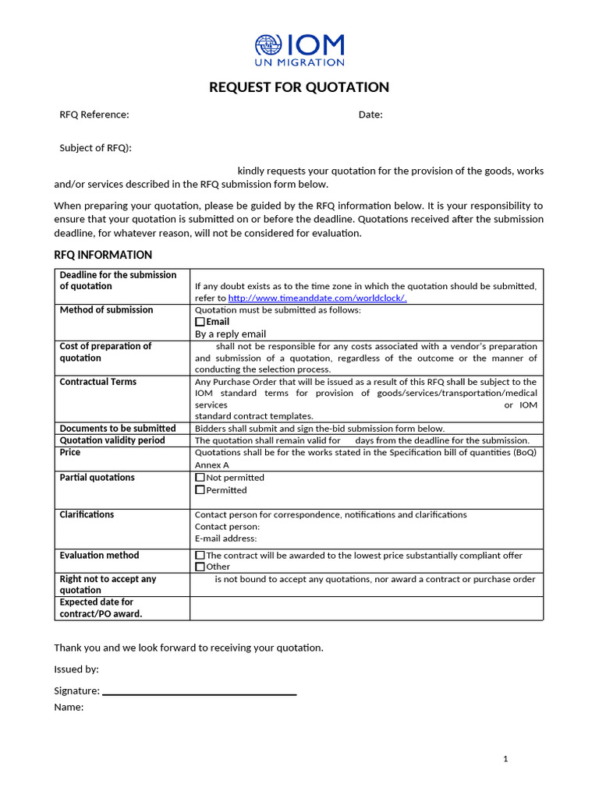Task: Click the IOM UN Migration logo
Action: (x=299, y=50)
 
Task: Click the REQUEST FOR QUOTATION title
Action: (x=299, y=87)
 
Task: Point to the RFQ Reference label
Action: (x=94, y=115)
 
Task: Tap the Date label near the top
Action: (x=370, y=115)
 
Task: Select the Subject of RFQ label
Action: (x=96, y=147)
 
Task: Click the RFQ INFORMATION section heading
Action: (x=103, y=255)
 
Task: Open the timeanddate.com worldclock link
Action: (x=317, y=298)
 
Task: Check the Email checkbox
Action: (x=200, y=322)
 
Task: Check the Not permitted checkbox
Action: (x=200, y=478)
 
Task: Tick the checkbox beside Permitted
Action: (x=200, y=490)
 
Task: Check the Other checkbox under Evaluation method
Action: (x=200, y=567)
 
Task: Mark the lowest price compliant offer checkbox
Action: (x=200, y=556)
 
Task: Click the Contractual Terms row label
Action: (x=98, y=382)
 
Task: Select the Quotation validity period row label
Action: (x=112, y=440)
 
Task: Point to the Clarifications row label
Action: (x=87, y=514)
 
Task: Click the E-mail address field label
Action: (x=225, y=538)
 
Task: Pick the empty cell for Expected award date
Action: (x=367, y=608)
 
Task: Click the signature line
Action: (x=199, y=693)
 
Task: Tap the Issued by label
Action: (x=76, y=669)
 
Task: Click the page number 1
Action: (x=505, y=759)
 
